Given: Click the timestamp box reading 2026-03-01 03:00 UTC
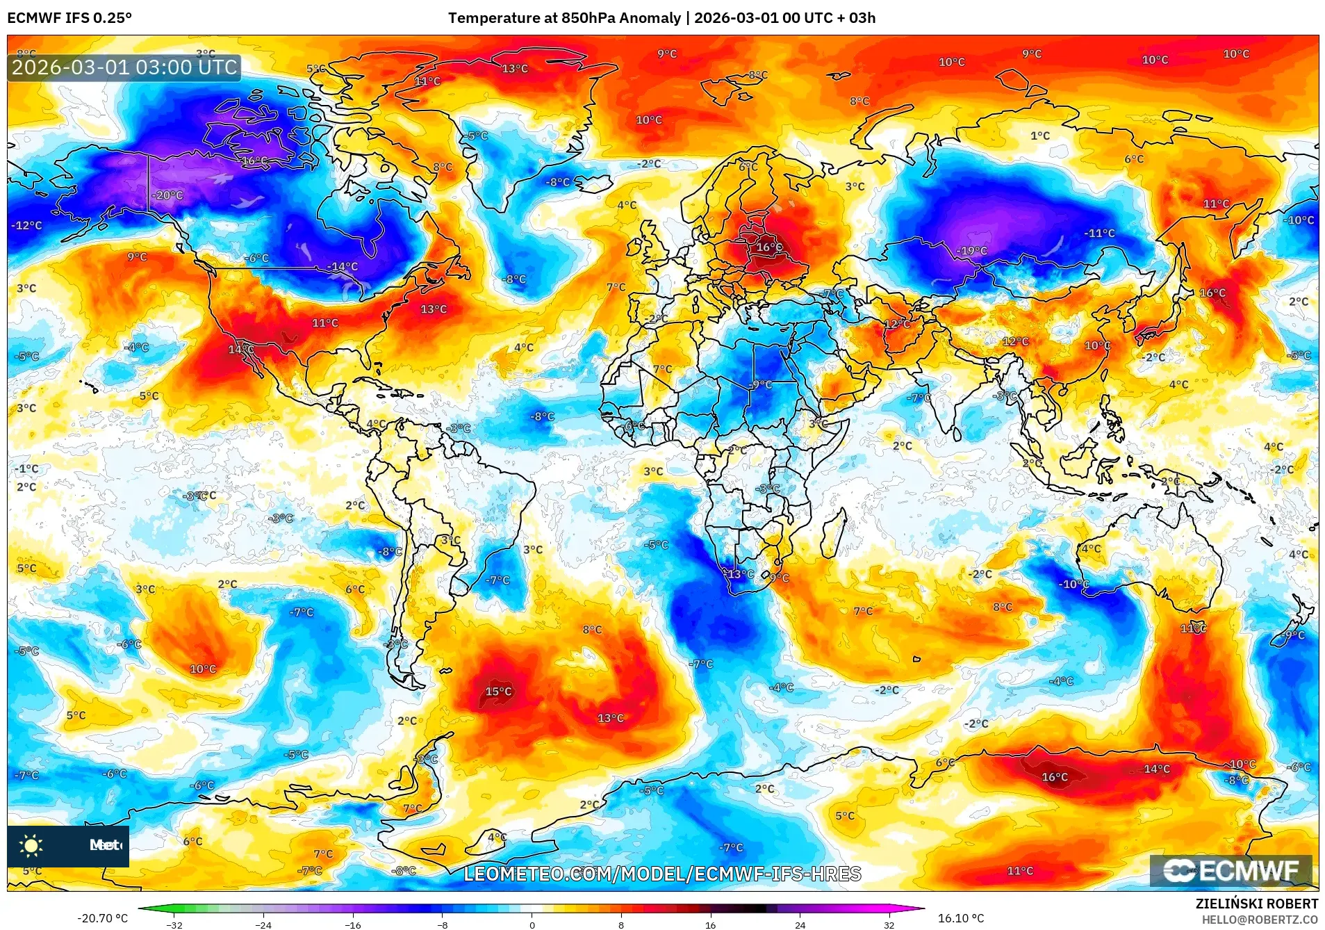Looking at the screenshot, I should [x=124, y=67].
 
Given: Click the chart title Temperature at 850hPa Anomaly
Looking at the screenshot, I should [x=563, y=18].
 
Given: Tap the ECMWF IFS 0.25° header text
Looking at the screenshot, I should [x=69, y=18].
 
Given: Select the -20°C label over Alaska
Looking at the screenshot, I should [x=168, y=196].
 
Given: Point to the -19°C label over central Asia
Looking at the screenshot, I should [x=972, y=251].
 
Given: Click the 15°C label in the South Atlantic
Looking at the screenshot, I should [x=498, y=692].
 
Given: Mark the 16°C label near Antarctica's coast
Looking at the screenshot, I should [x=1054, y=777].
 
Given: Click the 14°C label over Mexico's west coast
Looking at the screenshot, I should [x=240, y=349].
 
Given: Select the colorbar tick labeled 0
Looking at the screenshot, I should [x=532, y=924].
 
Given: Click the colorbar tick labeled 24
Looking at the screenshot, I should [x=800, y=924].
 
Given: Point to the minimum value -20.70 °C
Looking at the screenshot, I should [x=103, y=918].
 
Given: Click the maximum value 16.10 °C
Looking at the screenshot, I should [x=961, y=918].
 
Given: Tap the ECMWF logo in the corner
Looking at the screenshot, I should [x=1231, y=871].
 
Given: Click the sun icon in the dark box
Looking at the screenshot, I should [x=31, y=845].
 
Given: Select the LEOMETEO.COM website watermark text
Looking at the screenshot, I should [x=662, y=874].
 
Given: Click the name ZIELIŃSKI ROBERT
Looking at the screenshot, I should [x=1256, y=904].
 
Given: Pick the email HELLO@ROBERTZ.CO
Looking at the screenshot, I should [x=1260, y=920].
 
